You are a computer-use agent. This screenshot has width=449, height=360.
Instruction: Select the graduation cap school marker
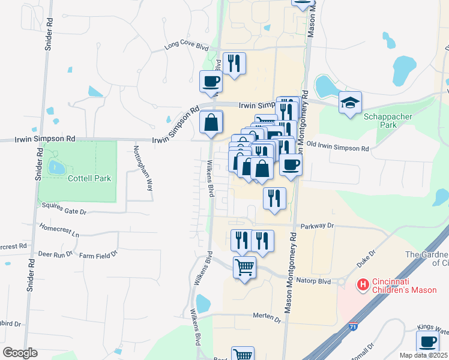point(350,103)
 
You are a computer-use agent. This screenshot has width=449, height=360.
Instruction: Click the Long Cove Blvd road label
point(186,46)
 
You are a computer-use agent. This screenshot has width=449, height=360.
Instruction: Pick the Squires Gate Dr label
point(65,212)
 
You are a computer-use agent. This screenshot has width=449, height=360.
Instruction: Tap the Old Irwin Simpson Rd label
point(337,148)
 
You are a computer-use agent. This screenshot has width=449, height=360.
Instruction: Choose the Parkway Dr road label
point(317,226)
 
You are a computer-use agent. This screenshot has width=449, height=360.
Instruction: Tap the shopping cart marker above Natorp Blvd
point(244,267)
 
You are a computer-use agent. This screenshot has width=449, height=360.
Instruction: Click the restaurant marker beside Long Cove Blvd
point(234,63)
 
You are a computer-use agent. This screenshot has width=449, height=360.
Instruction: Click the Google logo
point(20,353)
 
